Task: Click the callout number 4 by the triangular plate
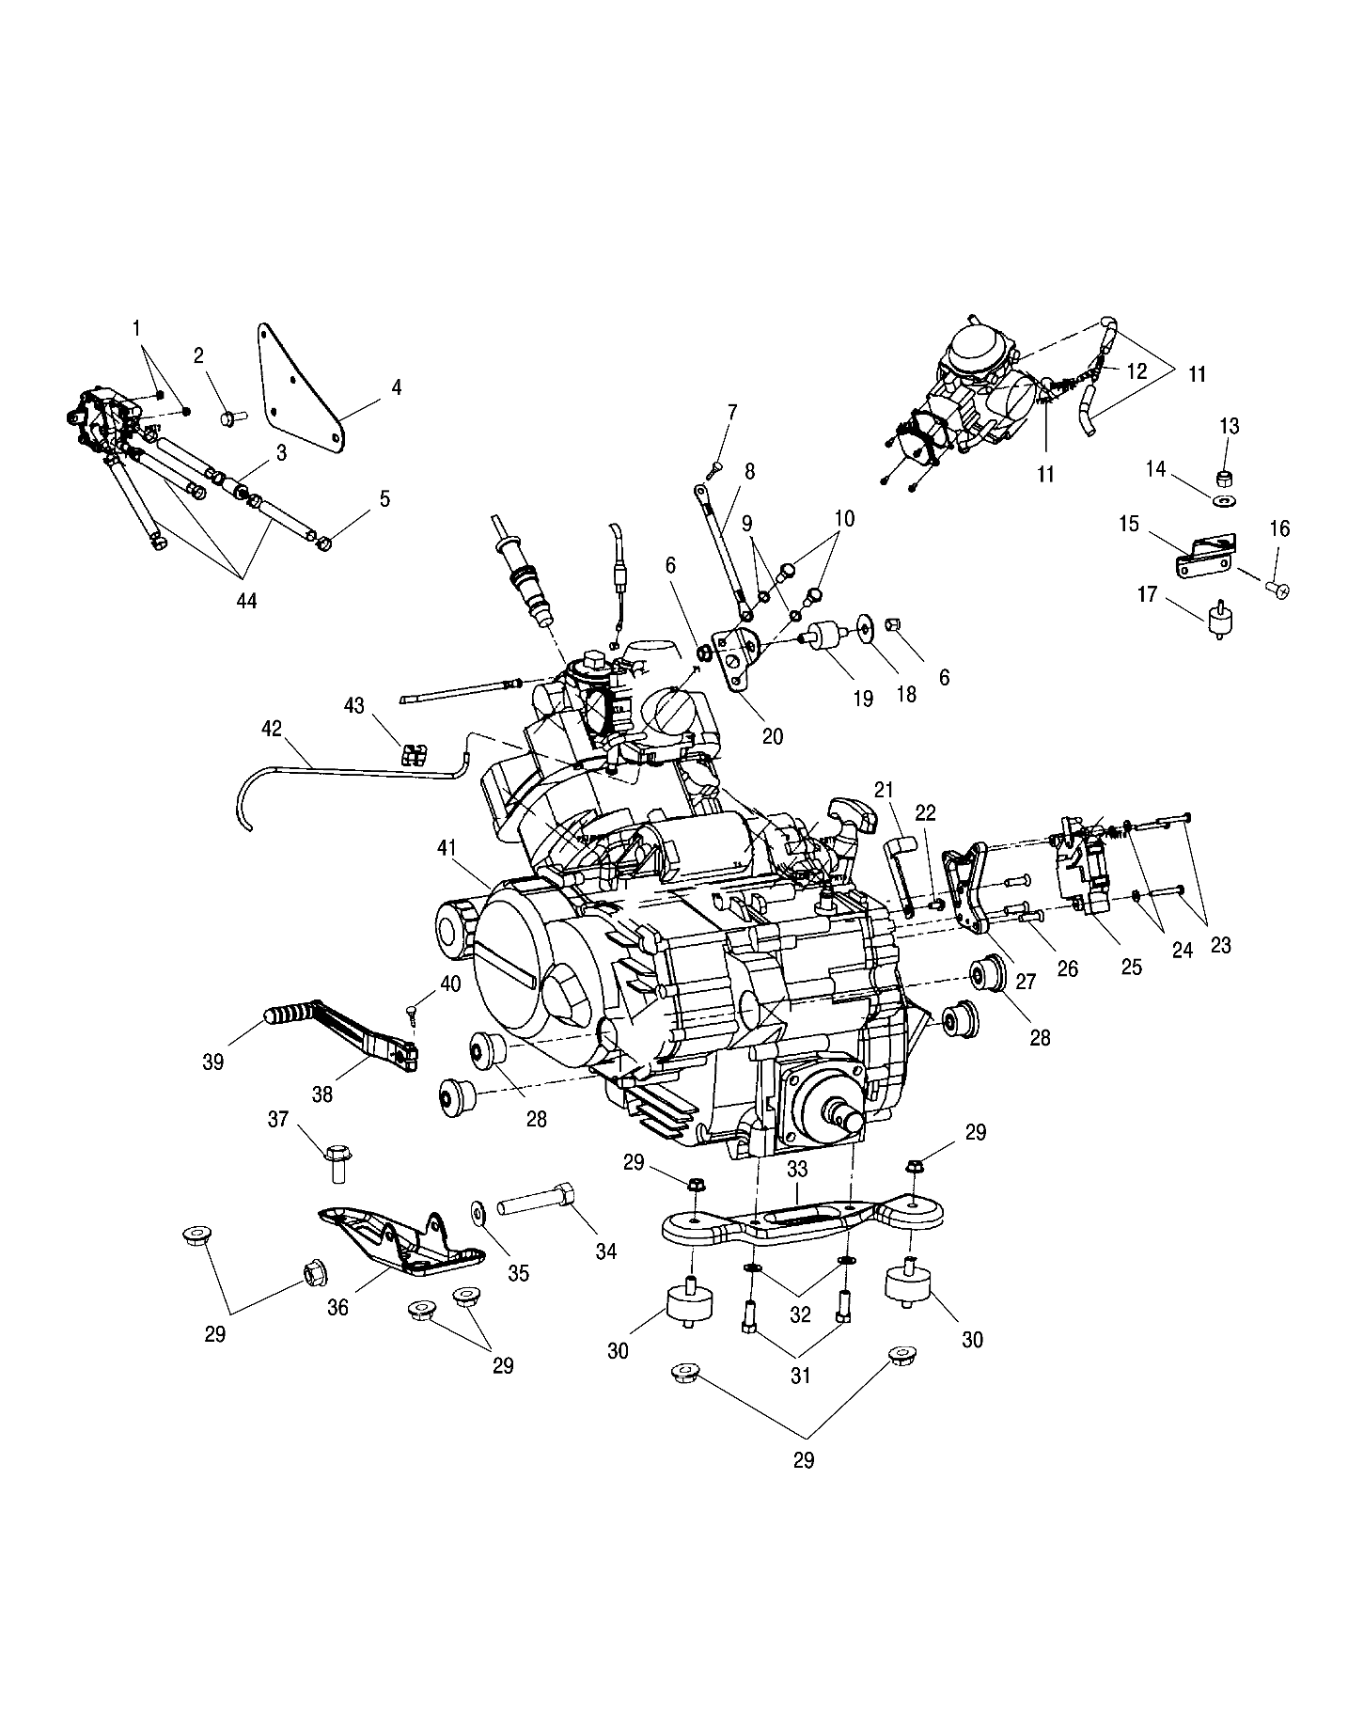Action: pos(397,387)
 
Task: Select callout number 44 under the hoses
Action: pos(246,600)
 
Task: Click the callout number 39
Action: pos(213,1062)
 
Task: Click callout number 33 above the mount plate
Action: pos(797,1170)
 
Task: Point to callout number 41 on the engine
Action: pos(447,849)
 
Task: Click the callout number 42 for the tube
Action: pos(272,729)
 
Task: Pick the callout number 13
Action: pos(1230,427)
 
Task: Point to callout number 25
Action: pos(1132,966)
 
